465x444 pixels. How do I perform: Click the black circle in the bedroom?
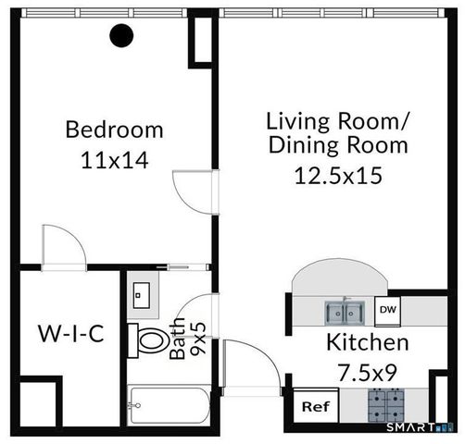(x=121, y=36)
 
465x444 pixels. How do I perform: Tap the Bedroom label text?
(x=114, y=129)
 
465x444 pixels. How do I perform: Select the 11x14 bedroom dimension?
(x=114, y=159)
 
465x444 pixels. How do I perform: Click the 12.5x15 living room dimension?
(x=337, y=176)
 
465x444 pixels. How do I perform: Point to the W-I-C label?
(x=70, y=332)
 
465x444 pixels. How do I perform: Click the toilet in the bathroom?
(x=149, y=339)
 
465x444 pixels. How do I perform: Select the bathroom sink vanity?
(x=143, y=294)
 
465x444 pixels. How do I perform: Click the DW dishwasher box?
(x=388, y=310)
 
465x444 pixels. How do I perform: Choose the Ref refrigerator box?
(x=315, y=406)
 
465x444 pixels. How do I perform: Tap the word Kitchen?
(x=367, y=343)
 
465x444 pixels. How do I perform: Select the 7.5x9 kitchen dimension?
(x=367, y=374)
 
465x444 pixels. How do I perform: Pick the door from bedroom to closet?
(x=64, y=246)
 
